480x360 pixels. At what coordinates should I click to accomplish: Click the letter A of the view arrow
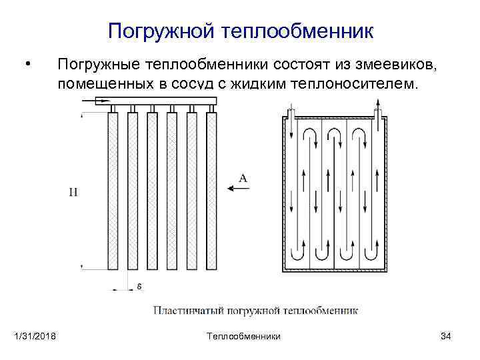point(243,178)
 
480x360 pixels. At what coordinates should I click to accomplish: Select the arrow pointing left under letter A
point(239,189)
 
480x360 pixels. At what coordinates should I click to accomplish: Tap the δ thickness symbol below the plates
point(139,286)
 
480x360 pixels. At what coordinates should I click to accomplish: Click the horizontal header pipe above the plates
point(157,101)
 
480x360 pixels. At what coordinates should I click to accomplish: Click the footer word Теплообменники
point(243,336)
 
